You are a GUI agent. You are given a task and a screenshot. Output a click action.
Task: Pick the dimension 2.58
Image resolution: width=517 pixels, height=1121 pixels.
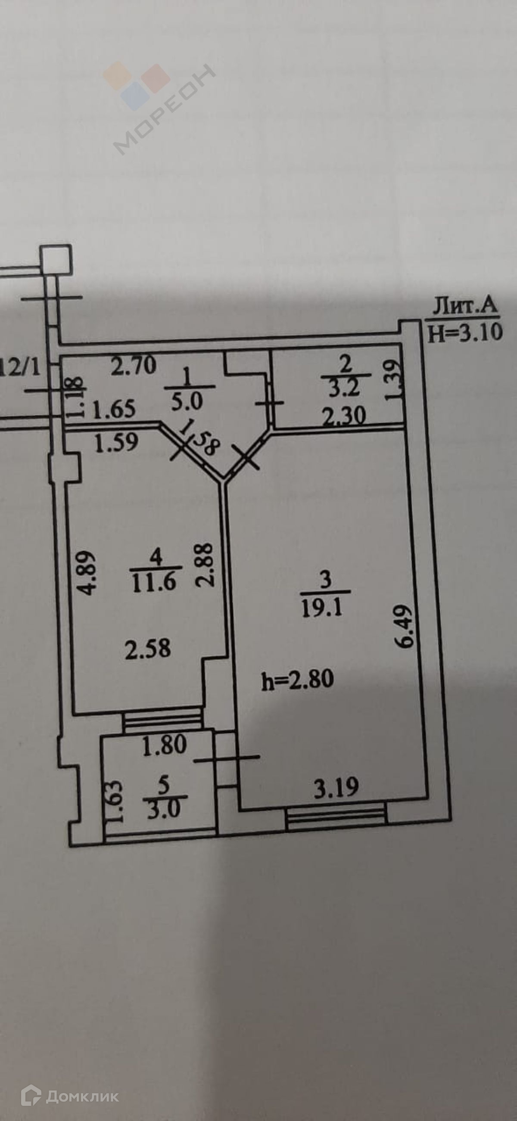tap(148, 649)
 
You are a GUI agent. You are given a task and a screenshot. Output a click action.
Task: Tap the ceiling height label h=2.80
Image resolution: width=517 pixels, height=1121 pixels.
tap(298, 679)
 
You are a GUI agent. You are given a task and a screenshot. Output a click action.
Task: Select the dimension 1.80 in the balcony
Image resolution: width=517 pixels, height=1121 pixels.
tap(165, 745)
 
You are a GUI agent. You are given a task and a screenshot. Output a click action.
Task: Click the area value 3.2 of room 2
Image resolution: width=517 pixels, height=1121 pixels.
tap(344, 388)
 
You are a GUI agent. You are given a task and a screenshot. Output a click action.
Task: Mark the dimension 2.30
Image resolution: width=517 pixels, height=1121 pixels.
tap(344, 416)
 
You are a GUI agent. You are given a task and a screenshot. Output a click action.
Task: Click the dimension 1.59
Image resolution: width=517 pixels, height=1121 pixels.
tap(116, 442)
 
